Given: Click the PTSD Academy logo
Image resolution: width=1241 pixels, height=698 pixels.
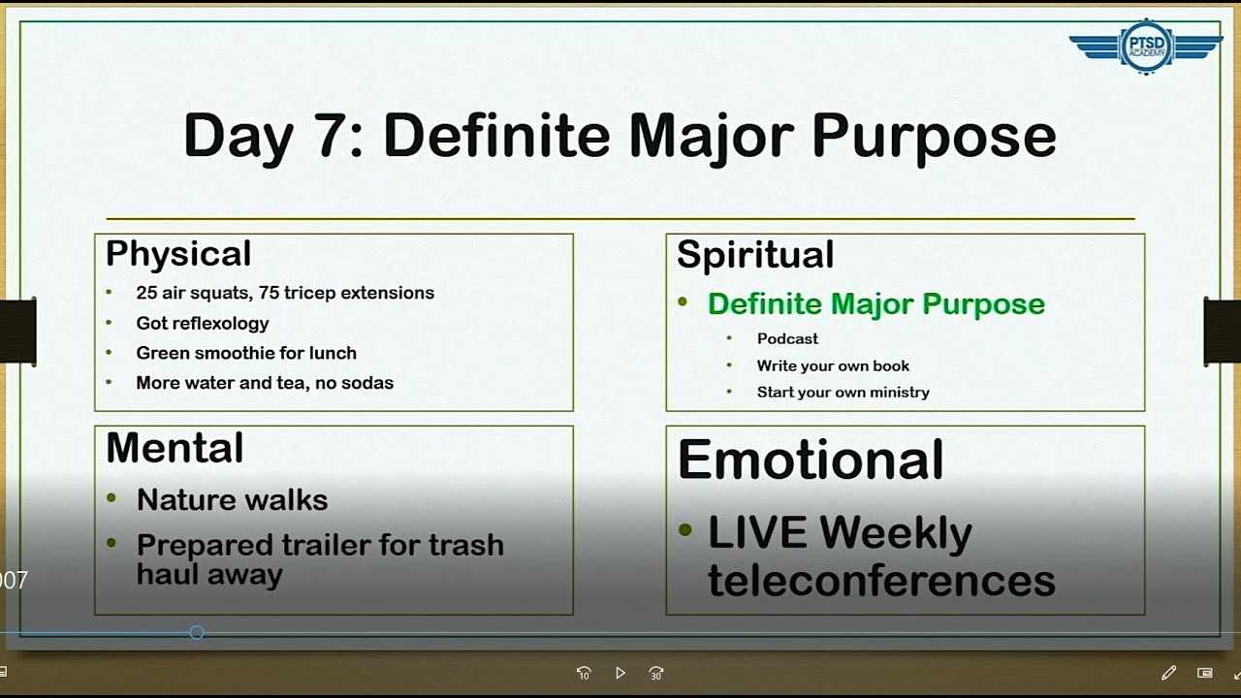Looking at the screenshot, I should (x=1146, y=46).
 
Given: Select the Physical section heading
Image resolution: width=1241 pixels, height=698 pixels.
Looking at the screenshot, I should (x=178, y=253).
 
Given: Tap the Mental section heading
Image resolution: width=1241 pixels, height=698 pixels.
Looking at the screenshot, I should (x=175, y=448).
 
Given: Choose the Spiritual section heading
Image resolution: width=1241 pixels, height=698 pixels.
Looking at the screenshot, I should (x=755, y=254).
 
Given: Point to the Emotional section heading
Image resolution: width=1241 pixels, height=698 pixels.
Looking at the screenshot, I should (x=811, y=460).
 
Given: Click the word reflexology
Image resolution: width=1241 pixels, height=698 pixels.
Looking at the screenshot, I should (x=224, y=323).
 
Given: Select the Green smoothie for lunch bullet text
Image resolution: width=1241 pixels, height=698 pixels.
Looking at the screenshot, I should (x=246, y=353).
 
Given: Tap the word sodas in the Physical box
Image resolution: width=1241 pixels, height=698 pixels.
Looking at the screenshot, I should (x=368, y=383).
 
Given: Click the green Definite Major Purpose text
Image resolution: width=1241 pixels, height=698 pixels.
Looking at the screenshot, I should (x=875, y=303).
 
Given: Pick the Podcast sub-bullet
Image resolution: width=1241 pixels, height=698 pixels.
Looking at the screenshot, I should (x=787, y=338).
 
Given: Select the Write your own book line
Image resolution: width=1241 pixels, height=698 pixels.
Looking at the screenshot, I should (x=833, y=365).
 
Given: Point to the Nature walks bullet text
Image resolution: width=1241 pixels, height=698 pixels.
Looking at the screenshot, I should (x=232, y=500).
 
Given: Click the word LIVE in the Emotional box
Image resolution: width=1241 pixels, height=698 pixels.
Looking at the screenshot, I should (x=757, y=533).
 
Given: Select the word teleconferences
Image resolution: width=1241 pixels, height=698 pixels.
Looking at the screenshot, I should (x=881, y=581).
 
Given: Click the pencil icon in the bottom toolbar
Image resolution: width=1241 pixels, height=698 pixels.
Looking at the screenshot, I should (x=1168, y=673).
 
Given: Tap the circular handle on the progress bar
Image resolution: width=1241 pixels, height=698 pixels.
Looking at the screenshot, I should (x=197, y=632).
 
